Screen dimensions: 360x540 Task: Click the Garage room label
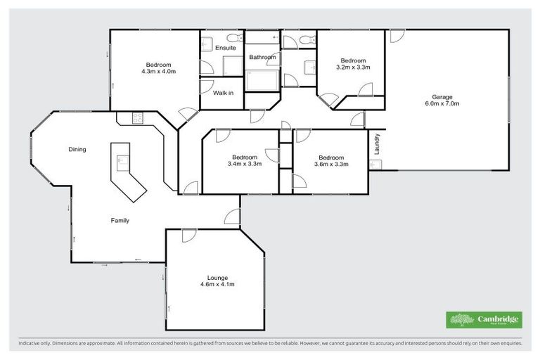tap(442, 96)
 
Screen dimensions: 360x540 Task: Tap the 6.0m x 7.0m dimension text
tap(442, 103)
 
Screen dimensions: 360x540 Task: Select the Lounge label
tap(217, 277)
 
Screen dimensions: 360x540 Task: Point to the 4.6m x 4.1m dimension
tap(217, 284)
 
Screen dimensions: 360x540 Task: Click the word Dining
tap(77, 149)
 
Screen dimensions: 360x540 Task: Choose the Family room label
tap(120, 220)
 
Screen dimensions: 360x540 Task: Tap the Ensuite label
tap(225, 48)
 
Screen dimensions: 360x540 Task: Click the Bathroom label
tap(262, 57)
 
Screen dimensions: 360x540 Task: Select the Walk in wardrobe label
tap(224, 93)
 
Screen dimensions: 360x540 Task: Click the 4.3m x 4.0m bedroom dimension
tap(158, 72)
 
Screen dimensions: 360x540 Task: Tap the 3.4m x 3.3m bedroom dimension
tap(245, 164)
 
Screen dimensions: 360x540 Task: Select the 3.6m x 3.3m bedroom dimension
tap(331, 164)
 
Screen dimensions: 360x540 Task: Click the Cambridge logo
tap(484, 320)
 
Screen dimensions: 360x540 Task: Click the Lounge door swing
tap(188, 236)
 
